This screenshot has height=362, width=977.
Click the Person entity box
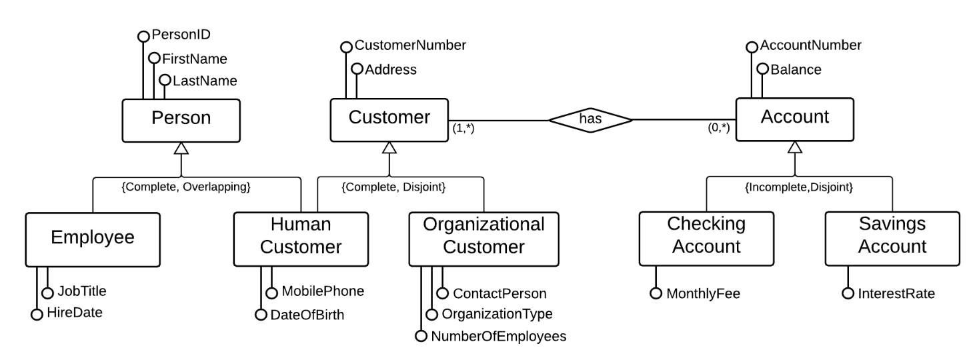[181, 119]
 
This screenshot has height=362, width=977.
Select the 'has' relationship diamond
[590, 120]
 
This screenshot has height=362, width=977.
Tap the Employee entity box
[93, 238]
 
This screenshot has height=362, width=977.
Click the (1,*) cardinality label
[464, 129]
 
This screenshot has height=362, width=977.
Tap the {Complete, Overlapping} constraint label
[186, 187]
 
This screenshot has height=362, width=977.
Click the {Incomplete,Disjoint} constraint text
[799, 187]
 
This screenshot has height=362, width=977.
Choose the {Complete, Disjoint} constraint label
[393, 187]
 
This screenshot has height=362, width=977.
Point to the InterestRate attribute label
[896, 293]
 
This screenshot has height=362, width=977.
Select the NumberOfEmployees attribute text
[498, 337]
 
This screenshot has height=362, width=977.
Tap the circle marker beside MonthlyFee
[656, 293]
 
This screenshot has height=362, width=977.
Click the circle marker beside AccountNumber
[752, 46]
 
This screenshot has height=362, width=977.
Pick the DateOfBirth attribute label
[307, 315]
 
